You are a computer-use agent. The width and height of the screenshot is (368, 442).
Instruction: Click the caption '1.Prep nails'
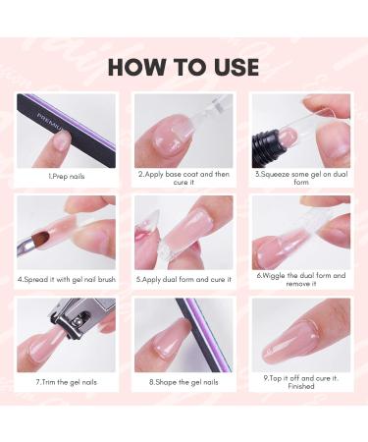(67, 176)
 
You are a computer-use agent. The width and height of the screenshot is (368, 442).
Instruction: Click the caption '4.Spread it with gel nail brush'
(67, 278)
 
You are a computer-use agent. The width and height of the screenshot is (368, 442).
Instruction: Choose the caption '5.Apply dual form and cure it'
(184, 278)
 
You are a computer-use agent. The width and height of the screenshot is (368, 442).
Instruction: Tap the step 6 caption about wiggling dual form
(300, 280)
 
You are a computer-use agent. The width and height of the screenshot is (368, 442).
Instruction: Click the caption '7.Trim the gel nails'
(67, 380)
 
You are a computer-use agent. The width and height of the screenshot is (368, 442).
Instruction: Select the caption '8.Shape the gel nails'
(184, 380)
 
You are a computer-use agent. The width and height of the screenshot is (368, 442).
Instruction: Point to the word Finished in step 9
(300, 386)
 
